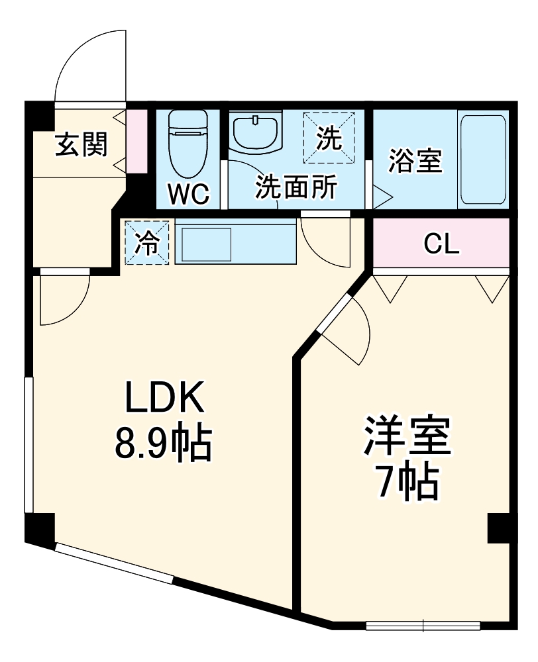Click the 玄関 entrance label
click(x=80, y=144)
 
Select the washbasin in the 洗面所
click(x=256, y=132)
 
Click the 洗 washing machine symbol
click(x=329, y=138)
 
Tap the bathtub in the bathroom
click(x=484, y=160)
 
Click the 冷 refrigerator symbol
click(x=146, y=243)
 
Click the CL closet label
click(x=441, y=245)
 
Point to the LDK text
click(x=163, y=399)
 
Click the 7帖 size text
click(x=406, y=483)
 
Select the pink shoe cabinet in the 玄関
click(x=136, y=140)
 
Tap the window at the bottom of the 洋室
click(x=423, y=625)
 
